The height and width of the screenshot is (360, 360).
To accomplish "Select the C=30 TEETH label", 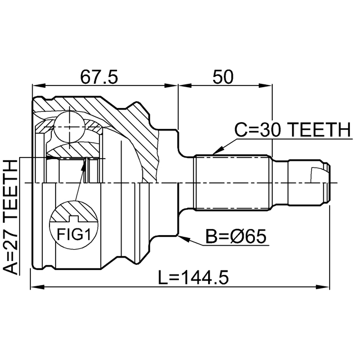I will (x=292, y=130).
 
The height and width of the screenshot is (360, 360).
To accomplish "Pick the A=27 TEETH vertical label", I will (x=10, y=217).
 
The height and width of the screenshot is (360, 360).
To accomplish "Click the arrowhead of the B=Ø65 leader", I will (x=181, y=237).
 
